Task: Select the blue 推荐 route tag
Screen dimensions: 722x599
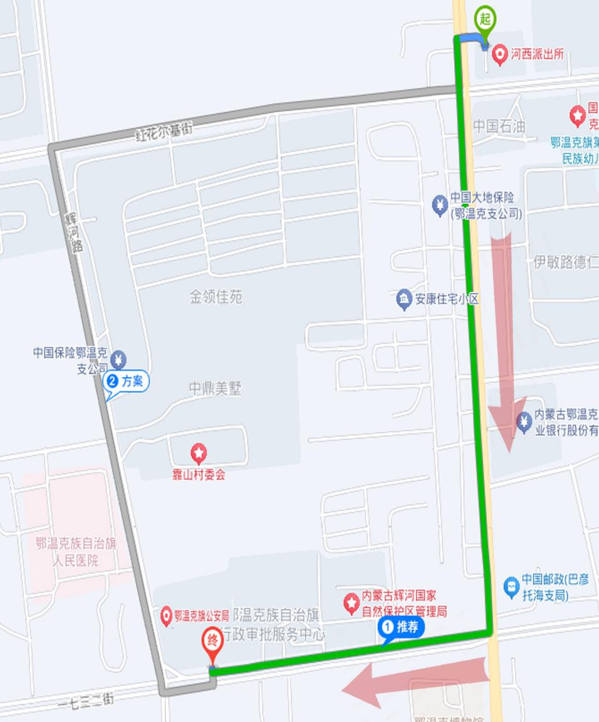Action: [401, 627]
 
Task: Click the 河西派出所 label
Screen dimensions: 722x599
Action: [537, 54]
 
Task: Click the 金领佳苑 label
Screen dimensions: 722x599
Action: [216, 297]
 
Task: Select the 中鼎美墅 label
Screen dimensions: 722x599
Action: [215, 389]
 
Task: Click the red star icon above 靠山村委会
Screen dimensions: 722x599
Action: [199, 451]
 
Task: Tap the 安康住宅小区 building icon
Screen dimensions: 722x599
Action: [404, 299]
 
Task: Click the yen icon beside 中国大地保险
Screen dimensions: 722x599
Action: [440, 204]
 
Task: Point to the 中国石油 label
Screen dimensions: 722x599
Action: [499, 126]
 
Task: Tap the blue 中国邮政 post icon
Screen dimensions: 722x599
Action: [511, 587]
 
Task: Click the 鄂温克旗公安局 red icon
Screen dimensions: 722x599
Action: [167, 615]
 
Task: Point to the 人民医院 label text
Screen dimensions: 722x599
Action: [76, 560]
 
